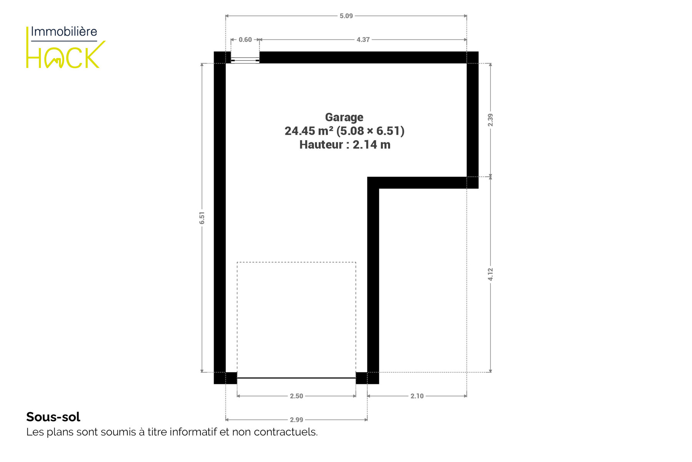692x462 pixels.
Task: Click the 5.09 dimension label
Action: [x=346, y=16]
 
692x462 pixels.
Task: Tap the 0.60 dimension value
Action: [x=245, y=40]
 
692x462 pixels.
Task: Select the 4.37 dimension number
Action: [x=363, y=40]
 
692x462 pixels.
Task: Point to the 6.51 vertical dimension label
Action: [x=202, y=218]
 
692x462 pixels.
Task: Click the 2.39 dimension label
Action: [x=490, y=120]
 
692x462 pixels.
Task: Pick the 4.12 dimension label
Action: [x=490, y=274]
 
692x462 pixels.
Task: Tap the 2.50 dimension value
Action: [x=296, y=396]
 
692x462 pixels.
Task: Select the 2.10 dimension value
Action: [x=417, y=396]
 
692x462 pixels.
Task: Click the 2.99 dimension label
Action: [x=296, y=420]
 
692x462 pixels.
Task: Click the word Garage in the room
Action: [x=344, y=117]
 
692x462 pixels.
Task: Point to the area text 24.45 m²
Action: [x=308, y=131]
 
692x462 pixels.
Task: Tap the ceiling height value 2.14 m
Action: [x=371, y=145]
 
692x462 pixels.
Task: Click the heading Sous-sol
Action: [x=53, y=417]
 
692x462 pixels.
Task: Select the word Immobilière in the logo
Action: [x=64, y=32]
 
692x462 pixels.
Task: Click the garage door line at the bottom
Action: [x=296, y=378]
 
